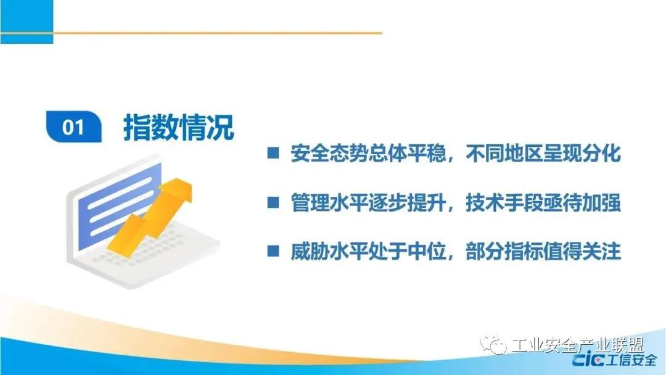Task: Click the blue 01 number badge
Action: tap(73, 126)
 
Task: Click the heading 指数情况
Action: tap(179, 127)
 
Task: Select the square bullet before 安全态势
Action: tap(273, 153)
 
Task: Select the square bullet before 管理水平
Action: tap(273, 202)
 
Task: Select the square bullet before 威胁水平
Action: tap(273, 251)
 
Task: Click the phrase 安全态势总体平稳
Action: tap(368, 153)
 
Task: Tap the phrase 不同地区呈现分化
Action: tap(543, 153)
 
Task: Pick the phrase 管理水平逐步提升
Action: tap(368, 202)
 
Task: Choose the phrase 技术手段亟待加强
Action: tap(543, 202)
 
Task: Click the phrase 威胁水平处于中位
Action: tap(368, 251)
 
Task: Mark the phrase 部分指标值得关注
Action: tap(543, 251)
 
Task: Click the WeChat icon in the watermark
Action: tap(493, 344)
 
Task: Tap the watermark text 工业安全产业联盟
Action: tap(578, 345)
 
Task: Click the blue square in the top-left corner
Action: tap(27, 21)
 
